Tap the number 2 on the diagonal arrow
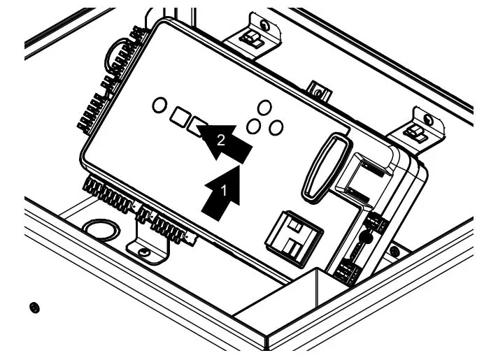[221, 140]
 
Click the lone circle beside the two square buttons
[159, 106]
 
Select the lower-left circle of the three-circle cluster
[255, 126]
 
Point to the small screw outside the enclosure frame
[34, 307]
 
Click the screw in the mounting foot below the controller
[143, 251]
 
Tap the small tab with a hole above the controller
[318, 90]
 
